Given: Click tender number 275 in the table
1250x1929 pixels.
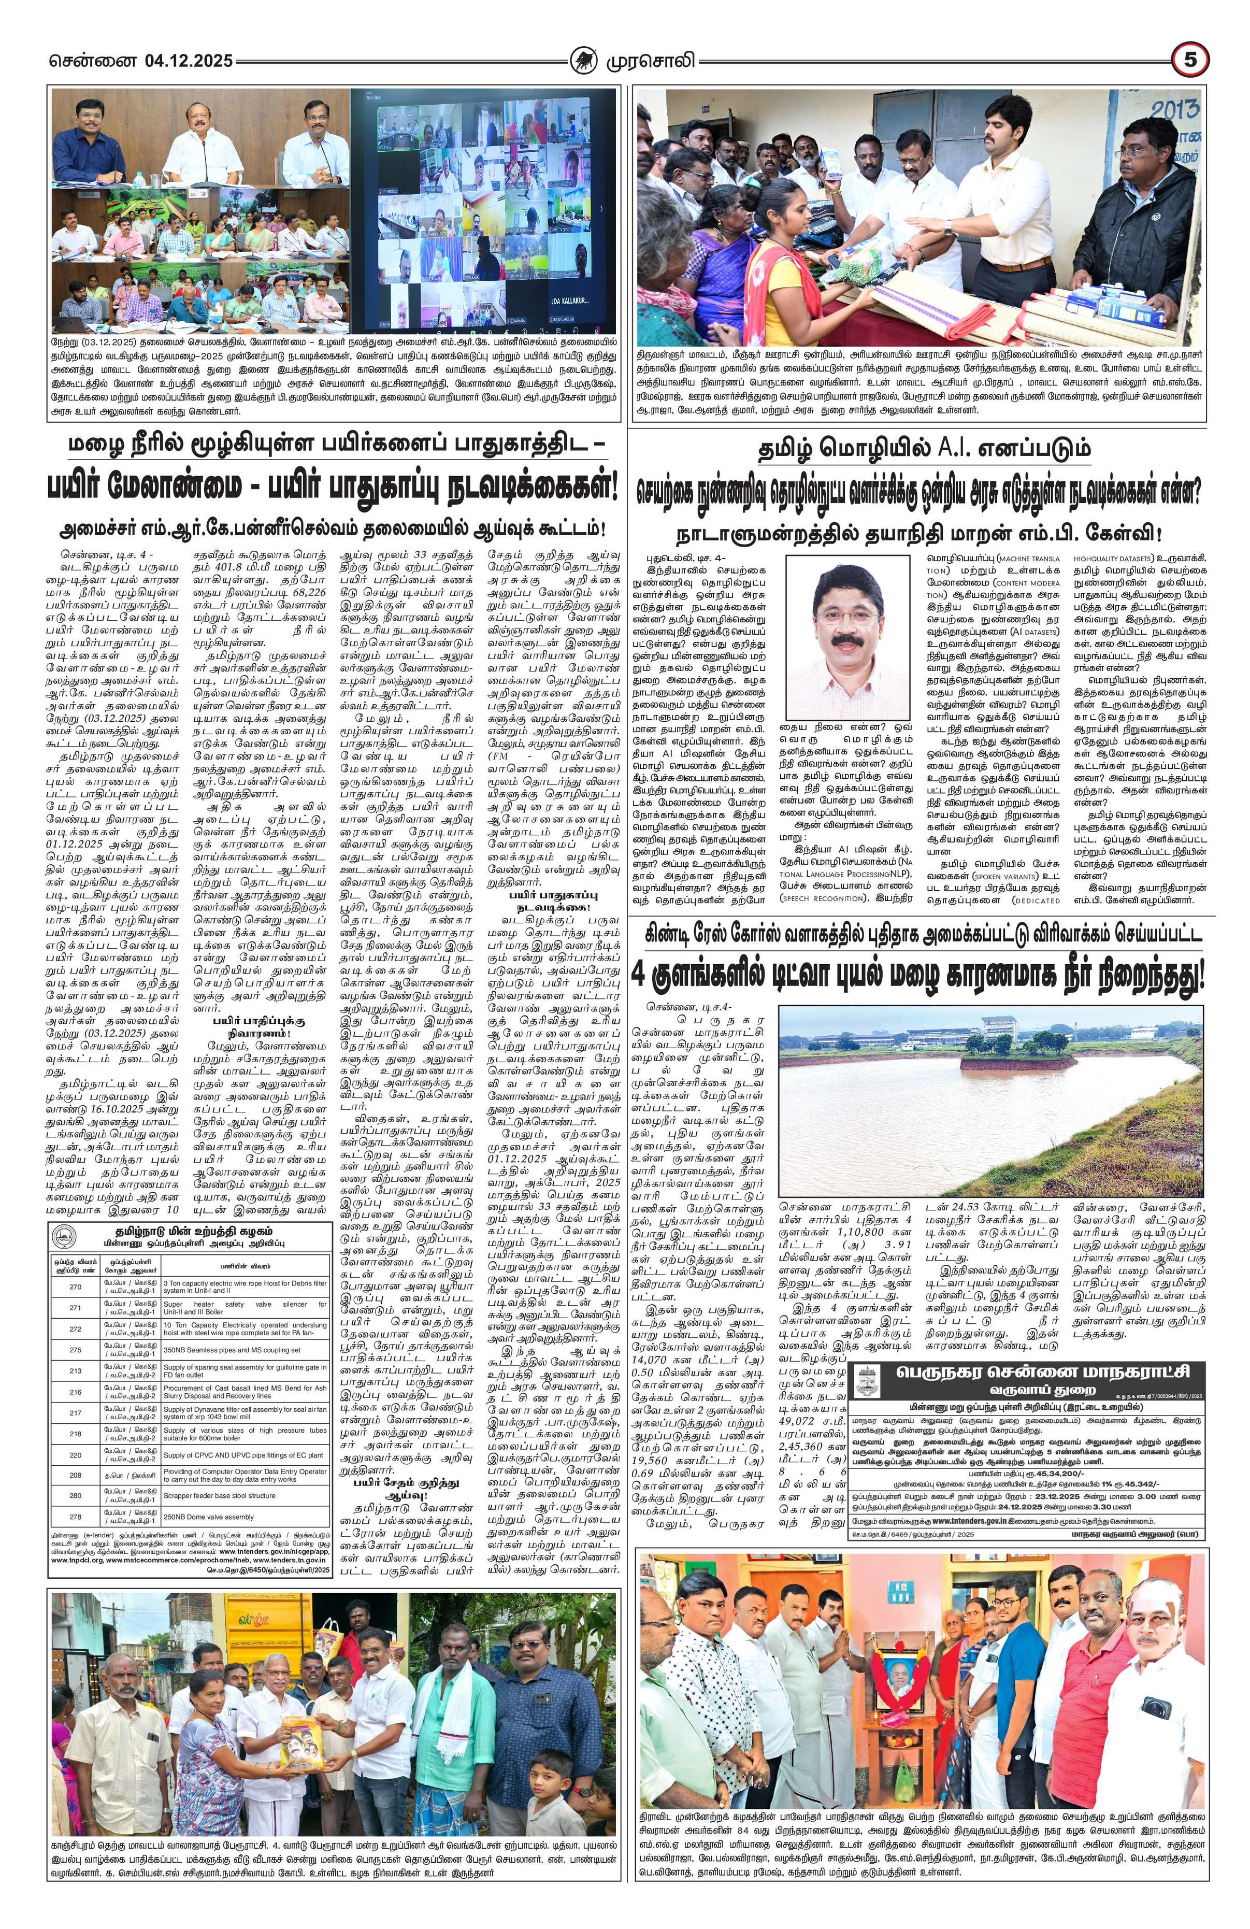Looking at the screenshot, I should (x=75, y=1350).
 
